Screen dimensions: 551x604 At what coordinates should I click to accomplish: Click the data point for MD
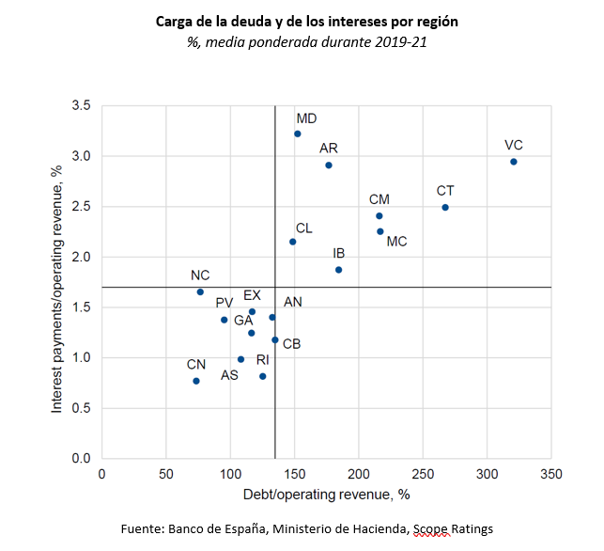click(297, 134)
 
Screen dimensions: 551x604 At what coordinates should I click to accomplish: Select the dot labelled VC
click(513, 162)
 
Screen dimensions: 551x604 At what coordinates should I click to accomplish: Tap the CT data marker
click(445, 207)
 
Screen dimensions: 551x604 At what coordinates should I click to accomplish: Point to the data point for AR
click(329, 165)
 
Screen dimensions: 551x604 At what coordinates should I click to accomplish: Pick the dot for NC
click(200, 291)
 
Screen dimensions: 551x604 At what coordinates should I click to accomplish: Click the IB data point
click(338, 270)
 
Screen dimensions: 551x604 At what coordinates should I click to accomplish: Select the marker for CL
click(293, 242)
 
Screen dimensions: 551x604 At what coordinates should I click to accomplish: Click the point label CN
click(195, 364)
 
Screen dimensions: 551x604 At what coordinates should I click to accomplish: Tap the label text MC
click(396, 242)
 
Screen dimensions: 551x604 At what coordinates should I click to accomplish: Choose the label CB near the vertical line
click(291, 344)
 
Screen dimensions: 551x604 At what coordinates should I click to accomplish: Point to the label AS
click(229, 375)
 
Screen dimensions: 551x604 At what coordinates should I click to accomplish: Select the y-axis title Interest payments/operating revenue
click(57, 282)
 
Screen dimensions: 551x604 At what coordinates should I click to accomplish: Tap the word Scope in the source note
click(428, 530)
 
